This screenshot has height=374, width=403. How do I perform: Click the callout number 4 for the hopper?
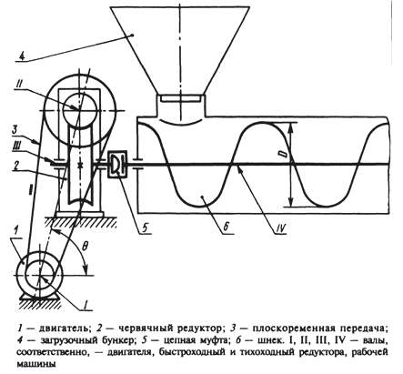coord(22,56)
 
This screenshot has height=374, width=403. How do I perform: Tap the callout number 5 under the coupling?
coord(147,228)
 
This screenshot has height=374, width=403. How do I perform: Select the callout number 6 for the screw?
coord(227,227)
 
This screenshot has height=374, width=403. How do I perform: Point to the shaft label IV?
coord(280,228)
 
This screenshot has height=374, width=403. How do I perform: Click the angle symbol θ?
coord(86,247)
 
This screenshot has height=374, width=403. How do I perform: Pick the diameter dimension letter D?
coord(284,154)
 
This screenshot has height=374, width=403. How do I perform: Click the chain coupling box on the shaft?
coord(117,165)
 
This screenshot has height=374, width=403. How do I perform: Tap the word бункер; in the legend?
coord(113,340)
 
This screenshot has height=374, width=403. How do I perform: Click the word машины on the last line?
coord(36,364)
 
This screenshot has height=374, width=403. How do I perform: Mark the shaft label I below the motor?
coord(86,304)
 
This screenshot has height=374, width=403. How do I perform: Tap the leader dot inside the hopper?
coord(133,35)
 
